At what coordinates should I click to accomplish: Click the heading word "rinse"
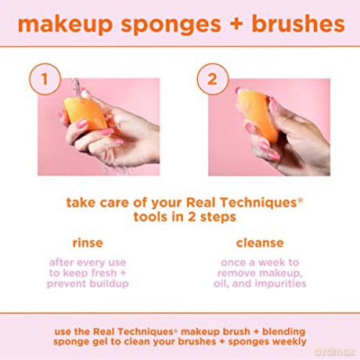point(88,243)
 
